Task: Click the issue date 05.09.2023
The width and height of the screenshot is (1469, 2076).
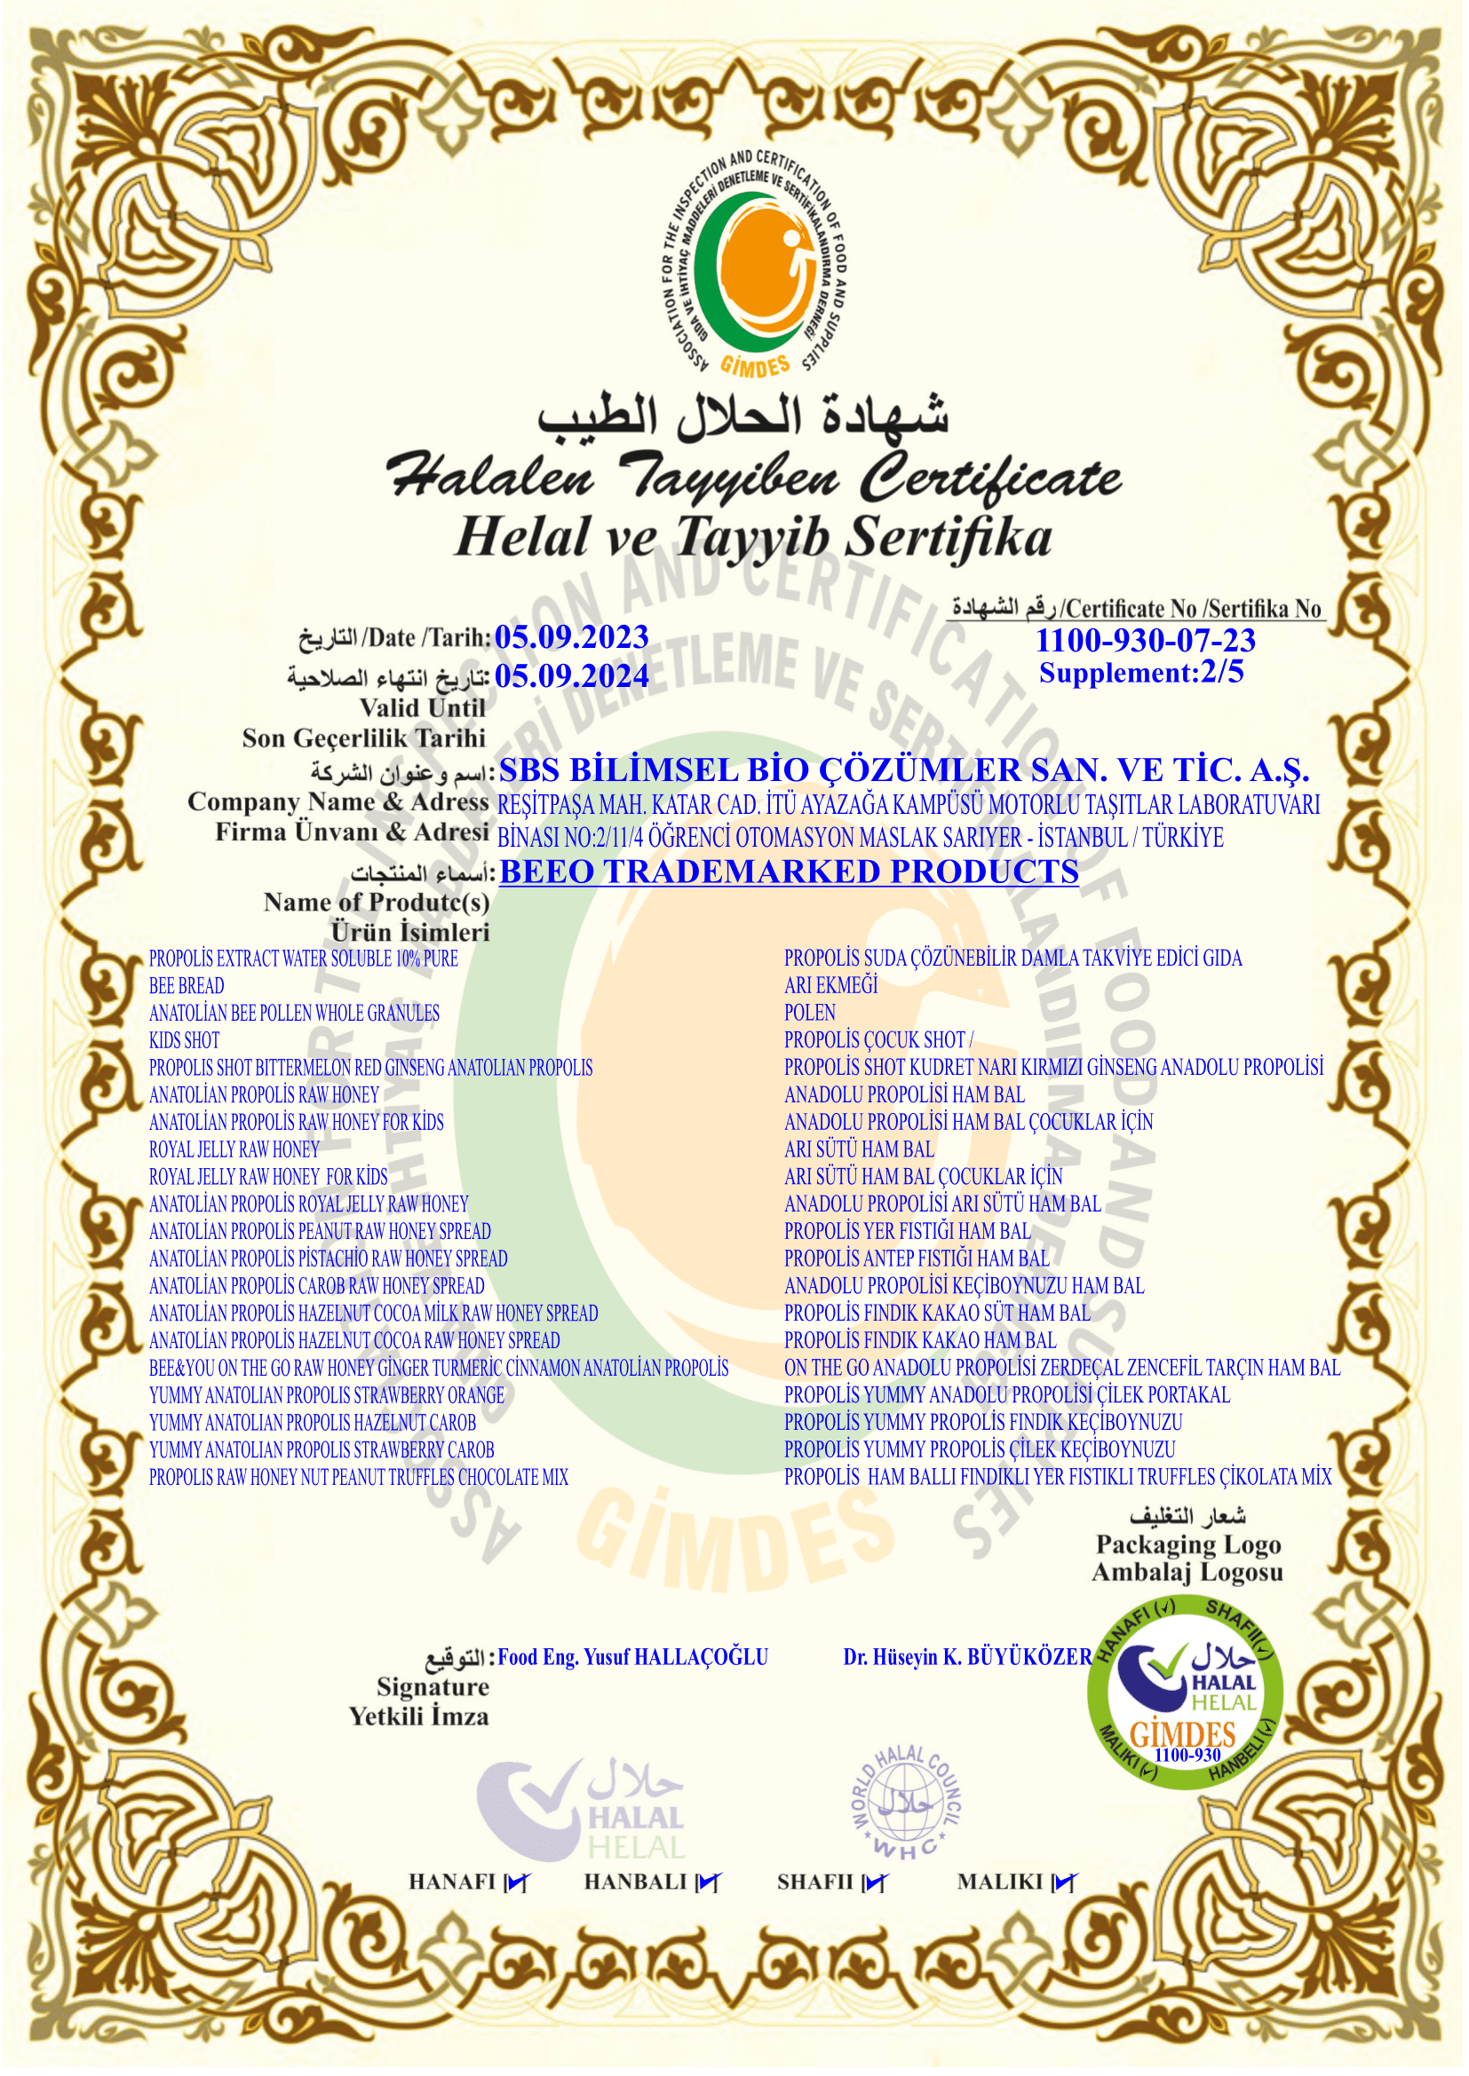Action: point(572,637)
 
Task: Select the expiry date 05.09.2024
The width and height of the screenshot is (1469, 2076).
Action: point(572,675)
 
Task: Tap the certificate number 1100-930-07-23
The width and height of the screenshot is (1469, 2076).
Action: point(1144,640)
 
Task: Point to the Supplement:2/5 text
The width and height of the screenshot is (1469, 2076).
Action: point(1140,673)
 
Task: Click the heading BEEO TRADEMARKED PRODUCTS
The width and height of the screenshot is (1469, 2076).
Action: point(789,871)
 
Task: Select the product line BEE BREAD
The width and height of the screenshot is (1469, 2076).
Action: point(187,985)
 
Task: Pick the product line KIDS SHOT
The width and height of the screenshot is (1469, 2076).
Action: point(185,1040)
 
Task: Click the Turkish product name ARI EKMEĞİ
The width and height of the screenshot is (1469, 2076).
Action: point(830,985)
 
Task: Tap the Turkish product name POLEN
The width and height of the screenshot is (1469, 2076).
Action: point(810,1013)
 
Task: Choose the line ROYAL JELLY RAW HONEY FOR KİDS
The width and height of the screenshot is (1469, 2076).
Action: point(267,1176)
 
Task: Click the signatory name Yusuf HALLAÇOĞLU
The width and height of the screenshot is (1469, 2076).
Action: point(632,1656)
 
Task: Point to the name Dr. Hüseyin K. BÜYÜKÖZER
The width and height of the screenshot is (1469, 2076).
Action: point(967,1656)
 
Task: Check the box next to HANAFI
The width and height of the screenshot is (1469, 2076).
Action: point(517,1883)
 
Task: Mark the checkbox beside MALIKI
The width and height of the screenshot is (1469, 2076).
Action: point(1065,1883)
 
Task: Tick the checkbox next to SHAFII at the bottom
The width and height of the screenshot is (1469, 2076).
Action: point(874,1883)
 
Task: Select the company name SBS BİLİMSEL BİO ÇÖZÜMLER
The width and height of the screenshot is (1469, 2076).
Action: point(903,770)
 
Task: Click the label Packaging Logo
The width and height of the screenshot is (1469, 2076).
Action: point(1187,1544)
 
